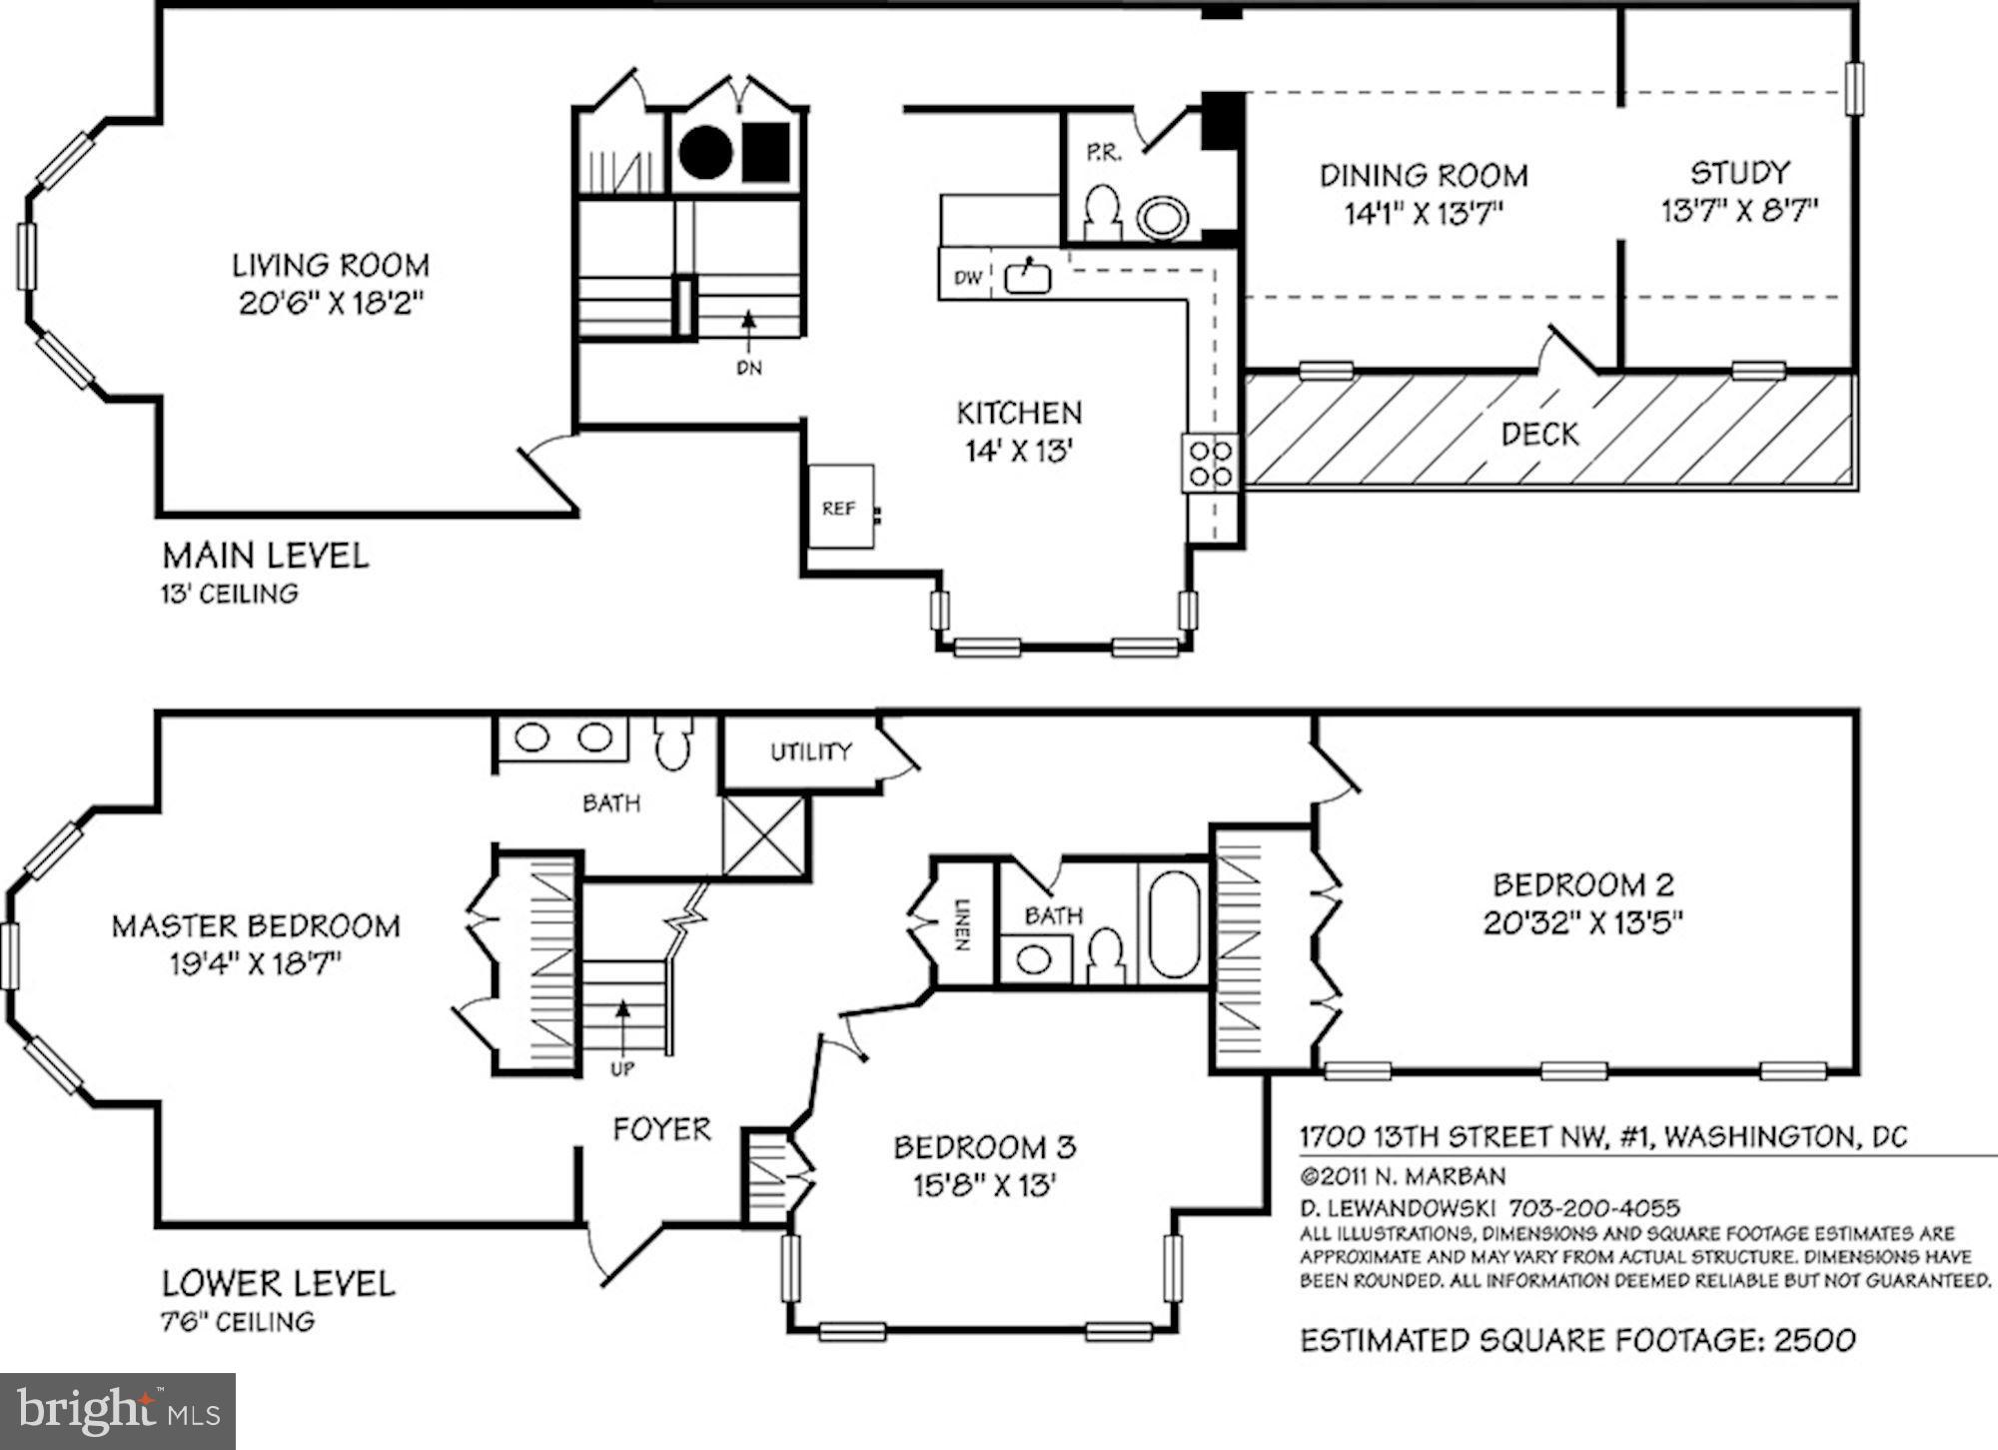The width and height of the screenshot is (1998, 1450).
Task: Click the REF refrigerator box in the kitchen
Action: tap(841, 506)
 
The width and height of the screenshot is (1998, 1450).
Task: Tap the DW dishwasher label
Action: tap(967, 278)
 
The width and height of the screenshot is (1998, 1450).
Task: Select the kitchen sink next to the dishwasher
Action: tap(1026, 277)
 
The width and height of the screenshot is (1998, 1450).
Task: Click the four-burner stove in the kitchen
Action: tap(1211, 463)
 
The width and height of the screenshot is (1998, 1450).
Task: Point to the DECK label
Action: tap(1540, 434)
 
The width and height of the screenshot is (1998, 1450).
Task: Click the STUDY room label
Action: tap(1740, 173)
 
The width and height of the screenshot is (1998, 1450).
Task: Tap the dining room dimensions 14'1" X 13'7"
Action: tap(1424, 214)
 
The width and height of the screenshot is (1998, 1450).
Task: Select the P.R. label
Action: tap(1104, 153)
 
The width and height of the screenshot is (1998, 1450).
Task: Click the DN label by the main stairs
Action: tap(749, 368)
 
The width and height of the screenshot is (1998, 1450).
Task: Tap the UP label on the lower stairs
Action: tap(622, 1069)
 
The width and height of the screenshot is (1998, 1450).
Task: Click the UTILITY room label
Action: tap(811, 751)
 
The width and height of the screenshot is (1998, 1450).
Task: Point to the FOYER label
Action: tap(661, 1129)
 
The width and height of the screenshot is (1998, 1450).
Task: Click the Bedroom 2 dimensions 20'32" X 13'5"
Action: tap(1583, 921)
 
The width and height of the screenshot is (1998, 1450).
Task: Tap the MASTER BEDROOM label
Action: tap(256, 926)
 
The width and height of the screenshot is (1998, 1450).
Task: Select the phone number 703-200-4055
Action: tap(1594, 1209)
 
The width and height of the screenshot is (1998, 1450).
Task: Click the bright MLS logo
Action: tap(118, 1411)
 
